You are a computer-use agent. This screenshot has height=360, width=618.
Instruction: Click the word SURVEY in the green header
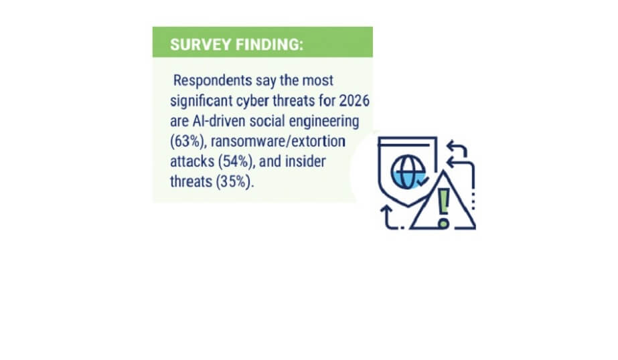(201, 45)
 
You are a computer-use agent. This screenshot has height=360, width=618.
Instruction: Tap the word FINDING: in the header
(270, 45)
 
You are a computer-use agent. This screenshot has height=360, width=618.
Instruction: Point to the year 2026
(354, 101)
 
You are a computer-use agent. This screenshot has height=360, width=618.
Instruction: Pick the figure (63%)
(188, 141)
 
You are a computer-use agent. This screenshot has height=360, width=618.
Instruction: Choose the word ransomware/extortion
(279, 141)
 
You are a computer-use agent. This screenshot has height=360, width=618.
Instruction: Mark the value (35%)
(234, 182)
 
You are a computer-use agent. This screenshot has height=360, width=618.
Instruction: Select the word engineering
(324, 122)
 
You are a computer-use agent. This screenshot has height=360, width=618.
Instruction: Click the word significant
(202, 101)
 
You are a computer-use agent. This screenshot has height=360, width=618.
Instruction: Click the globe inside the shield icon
(408, 172)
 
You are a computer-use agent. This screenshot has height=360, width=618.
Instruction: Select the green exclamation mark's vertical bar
(444, 201)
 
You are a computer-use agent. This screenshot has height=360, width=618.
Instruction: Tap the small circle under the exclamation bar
(444, 223)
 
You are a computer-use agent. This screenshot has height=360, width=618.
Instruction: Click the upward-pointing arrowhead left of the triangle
(386, 209)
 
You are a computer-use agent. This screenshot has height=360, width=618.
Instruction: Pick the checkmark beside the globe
(423, 181)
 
